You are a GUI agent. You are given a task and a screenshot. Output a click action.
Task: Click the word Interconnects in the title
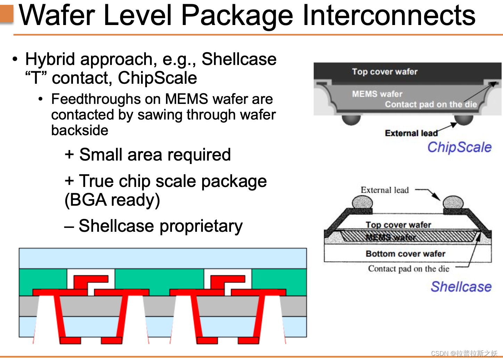tap(389, 16)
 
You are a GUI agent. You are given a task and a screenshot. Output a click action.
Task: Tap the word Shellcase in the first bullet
tap(239, 59)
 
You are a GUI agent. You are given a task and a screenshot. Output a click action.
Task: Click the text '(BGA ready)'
tap(112, 200)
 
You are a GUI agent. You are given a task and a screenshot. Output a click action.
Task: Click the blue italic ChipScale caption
tap(459, 147)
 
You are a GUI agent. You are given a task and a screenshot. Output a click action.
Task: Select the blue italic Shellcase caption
tap(461, 287)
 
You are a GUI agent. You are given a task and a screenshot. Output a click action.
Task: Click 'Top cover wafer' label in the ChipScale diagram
tap(385, 72)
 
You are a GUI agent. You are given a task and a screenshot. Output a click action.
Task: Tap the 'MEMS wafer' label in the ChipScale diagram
tap(377, 94)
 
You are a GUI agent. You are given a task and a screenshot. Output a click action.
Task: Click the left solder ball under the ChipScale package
tap(351, 120)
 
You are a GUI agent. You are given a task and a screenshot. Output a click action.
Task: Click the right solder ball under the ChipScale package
tap(463, 120)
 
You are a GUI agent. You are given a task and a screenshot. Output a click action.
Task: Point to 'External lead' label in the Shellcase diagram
tap(385, 190)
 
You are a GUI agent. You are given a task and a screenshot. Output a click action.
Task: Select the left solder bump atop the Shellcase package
tap(362, 202)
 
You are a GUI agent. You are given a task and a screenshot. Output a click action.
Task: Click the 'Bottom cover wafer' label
tap(405, 254)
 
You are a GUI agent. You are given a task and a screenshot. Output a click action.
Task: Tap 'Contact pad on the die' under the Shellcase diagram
tap(409, 269)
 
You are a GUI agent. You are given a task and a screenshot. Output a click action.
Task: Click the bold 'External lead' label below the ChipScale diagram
tap(411, 133)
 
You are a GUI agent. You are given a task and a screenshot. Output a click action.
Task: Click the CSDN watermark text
tap(464, 353)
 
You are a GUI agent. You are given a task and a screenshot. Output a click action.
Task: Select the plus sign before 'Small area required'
tap(69, 154)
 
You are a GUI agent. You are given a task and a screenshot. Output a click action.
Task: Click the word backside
tap(80, 130)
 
